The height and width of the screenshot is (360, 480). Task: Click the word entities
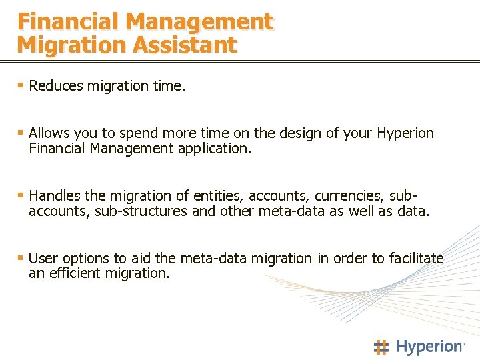[x=219, y=196]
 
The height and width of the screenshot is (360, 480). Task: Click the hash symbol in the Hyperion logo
[x=381, y=347]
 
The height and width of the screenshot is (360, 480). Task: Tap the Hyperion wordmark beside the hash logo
[x=429, y=347]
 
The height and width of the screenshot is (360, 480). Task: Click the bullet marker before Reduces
[x=21, y=85]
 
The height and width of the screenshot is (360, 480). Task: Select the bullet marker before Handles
[x=21, y=196]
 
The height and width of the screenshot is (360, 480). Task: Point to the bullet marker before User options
[x=21, y=258]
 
